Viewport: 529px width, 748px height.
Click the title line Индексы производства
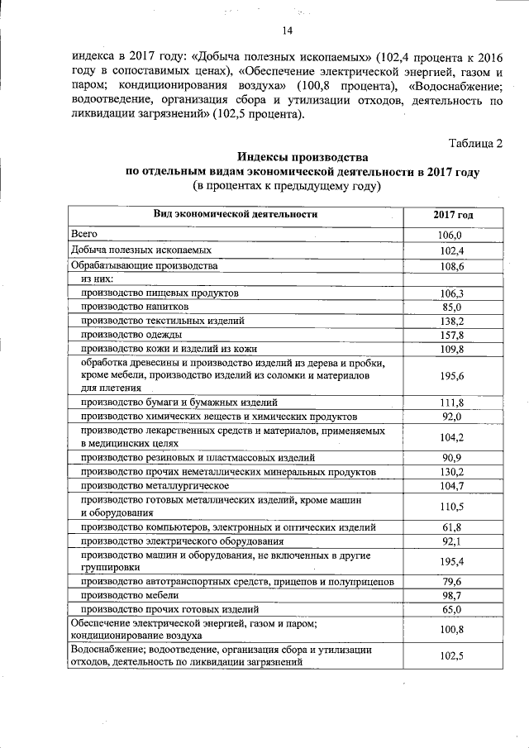tap(302, 157)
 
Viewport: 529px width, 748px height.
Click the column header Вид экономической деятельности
tap(236, 215)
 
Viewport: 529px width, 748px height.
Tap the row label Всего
tap(84, 235)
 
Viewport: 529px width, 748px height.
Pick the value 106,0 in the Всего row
tap(452, 236)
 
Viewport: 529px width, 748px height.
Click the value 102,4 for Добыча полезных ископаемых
tap(452, 250)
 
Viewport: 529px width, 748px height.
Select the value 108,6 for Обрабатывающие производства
tap(452, 267)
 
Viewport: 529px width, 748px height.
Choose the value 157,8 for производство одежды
tap(452, 335)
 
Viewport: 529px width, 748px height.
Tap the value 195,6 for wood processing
tap(452, 375)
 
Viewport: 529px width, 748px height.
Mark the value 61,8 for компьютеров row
tap(452, 526)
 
